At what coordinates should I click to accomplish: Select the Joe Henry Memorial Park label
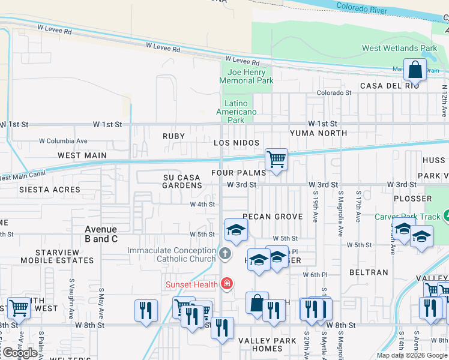[x=246, y=76]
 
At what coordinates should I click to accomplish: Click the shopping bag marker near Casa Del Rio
[x=415, y=70]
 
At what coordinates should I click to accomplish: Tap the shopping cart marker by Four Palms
[x=276, y=160]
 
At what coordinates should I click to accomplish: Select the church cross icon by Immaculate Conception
[x=225, y=254]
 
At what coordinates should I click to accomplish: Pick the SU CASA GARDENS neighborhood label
[x=182, y=182]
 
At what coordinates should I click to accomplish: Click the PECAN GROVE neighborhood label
[x=274, y=217]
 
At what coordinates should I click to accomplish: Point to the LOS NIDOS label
[x=237, y=143]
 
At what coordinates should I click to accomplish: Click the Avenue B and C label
[x=101, y=234]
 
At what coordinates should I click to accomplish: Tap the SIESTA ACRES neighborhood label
[x=50, y=190]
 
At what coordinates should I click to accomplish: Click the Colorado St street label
[x=334, y=93]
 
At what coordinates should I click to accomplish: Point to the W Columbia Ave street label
[x=63, y=141]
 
